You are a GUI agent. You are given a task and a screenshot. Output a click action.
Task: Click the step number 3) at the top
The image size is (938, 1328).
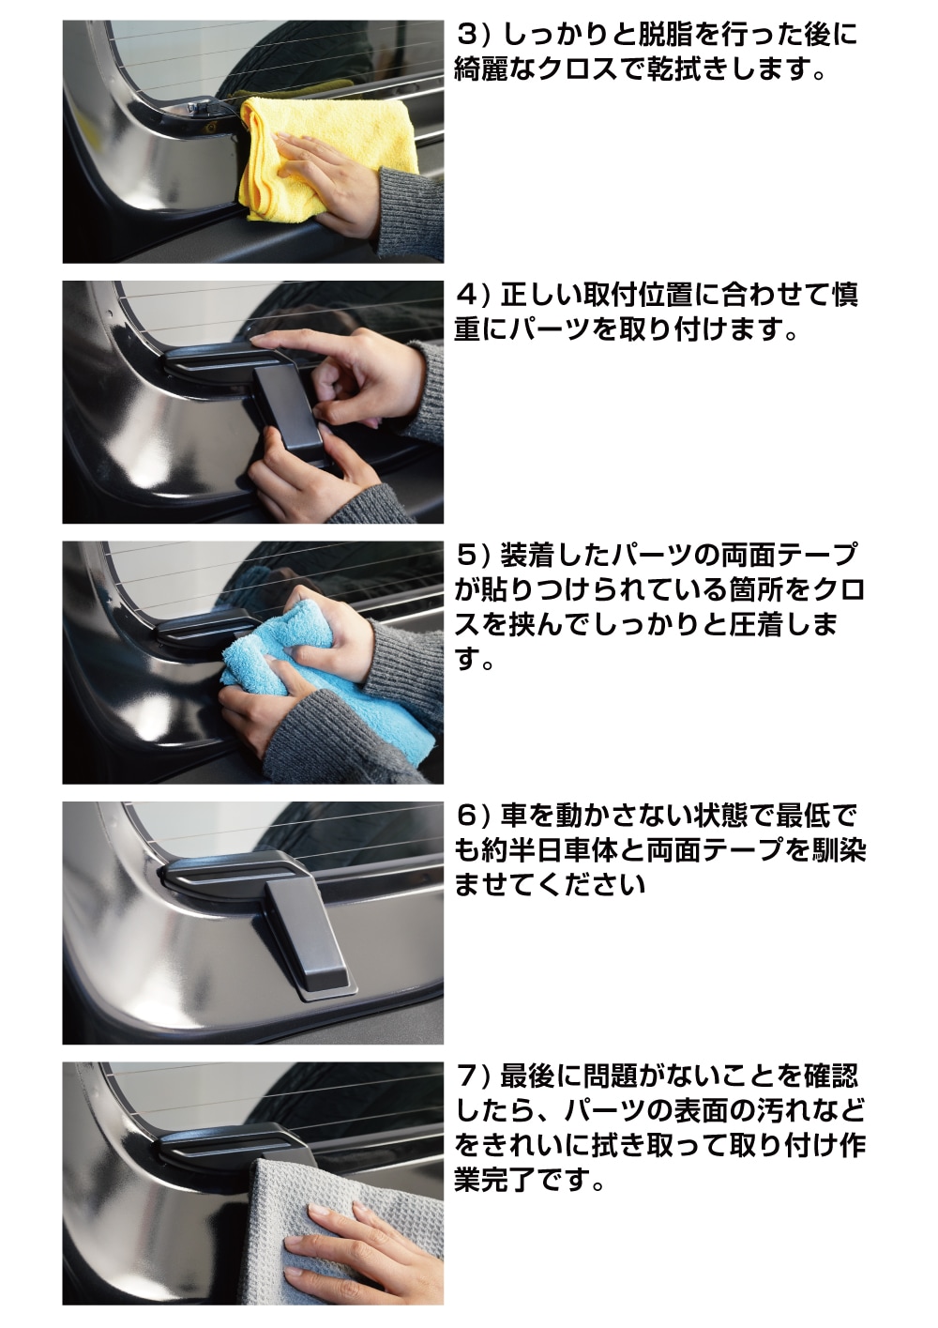pyautogui.click(x=475, y=37)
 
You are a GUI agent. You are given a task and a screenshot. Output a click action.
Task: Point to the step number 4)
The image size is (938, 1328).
pyautogui.click(x=475, y=296)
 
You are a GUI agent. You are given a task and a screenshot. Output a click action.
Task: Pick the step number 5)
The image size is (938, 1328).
pyautogui.click(x=475, y=556)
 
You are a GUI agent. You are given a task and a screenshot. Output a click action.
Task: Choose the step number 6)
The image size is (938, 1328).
pyautogui.click(x=475, y=817)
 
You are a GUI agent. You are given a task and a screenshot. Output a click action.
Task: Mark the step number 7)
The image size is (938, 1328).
pyautogui.click(x=475, y=1076)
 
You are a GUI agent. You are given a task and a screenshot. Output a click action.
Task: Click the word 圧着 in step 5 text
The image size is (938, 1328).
pyautogui.click(x=764, y=624)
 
